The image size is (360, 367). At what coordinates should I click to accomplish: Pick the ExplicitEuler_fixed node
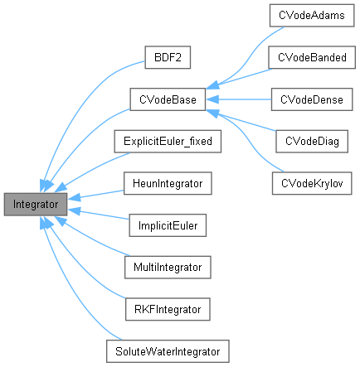tap(168, 141)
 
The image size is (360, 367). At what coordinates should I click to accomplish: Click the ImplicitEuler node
tap(168, 225)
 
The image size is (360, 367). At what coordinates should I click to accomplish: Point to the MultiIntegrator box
tap(168, 266)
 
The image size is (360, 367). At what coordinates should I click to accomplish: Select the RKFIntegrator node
tap(168, 308)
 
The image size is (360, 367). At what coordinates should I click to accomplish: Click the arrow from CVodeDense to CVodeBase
tap(241, 99)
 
